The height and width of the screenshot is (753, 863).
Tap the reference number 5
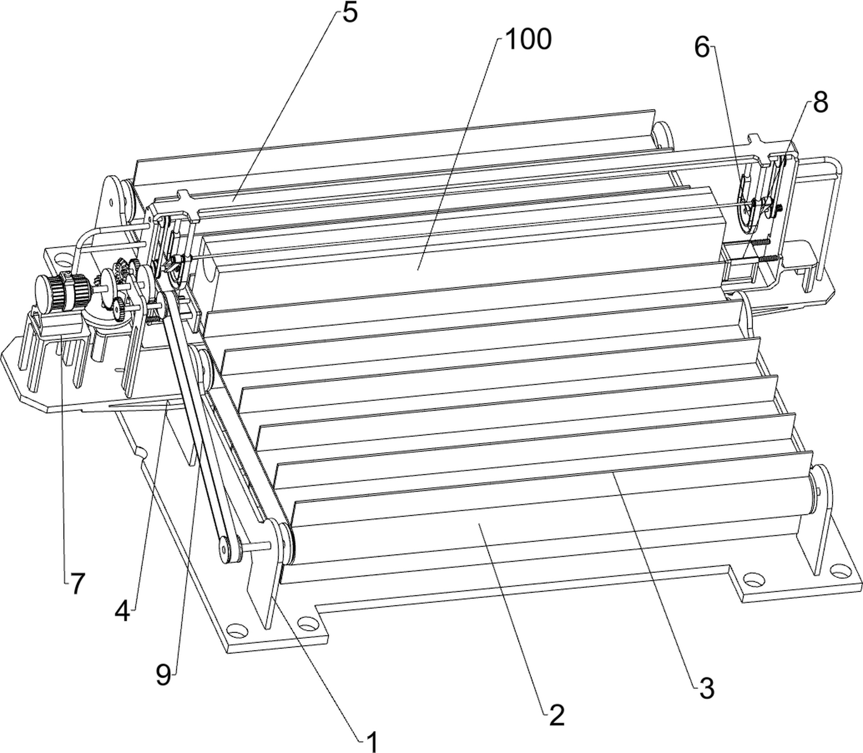pyautogui.click(x=350, y=13)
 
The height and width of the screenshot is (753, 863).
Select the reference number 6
pyautogui.click(x=702, y=48)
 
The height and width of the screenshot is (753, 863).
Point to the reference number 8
pyautogui.click(x=820, y=103)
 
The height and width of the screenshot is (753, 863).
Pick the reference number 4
pyautogui.click(x=122, y=612)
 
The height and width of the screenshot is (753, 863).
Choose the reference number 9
pyautogui.click(x=164, y=675)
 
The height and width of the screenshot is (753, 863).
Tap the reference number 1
pyautogui.click(x=372, y=742)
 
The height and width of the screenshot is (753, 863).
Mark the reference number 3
pyautogui.click(x=707, y=688)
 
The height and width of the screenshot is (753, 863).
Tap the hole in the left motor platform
pyautogui.click(x=63, y=258)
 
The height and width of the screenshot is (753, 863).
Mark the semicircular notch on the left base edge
pyautogui.click(x=142, y=453)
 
